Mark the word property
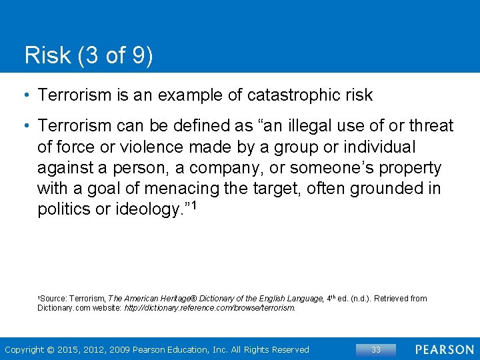pyautogui.click(x=408, y=167)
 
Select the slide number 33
pyautogui.click(x=375, y=349)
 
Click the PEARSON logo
pyautogui.click(x=444, y=349)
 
